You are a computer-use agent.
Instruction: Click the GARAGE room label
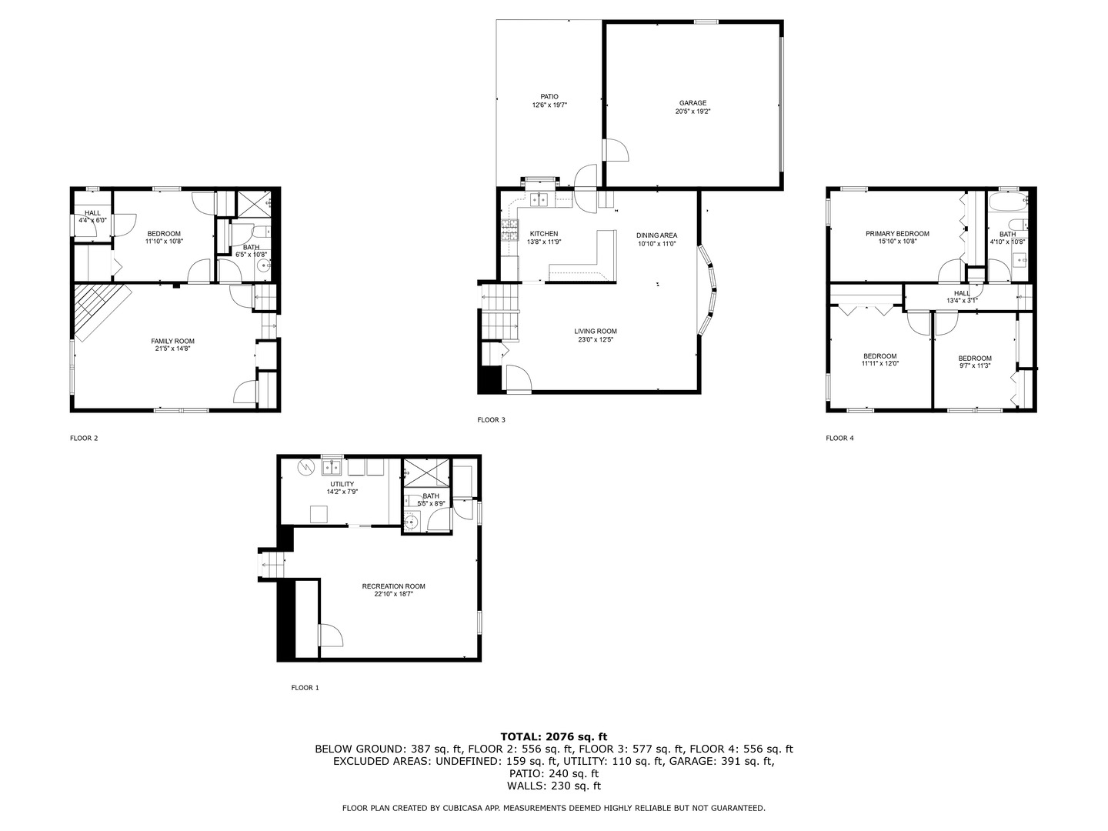tap(692, 103)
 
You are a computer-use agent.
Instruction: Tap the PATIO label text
tap(549, 97)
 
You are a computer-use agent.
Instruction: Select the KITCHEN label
tap(544, 234)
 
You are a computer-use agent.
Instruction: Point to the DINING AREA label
tap(656, 235)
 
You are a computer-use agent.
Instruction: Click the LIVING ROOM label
tap(596, 332)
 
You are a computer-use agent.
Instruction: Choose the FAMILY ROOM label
tap(172, 341)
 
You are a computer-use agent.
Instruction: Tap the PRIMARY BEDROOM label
tap(897, 234)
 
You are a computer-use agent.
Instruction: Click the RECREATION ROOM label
tap(393, 586)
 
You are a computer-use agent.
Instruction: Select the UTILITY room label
tap(342, 484)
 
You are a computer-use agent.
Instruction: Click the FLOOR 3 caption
tap(492, 420)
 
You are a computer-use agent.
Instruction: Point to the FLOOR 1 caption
tap(305, 688)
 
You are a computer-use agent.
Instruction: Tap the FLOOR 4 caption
tap(839, 439)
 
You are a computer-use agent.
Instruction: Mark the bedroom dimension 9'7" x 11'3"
tap(974, 366)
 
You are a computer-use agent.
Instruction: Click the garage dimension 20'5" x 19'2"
tap(692, 112)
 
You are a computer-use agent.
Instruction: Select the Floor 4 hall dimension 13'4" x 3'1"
tap(962, 301)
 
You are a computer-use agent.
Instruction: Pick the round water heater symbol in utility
tap(305, 467)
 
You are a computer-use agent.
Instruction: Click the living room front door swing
tap(517, 378)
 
